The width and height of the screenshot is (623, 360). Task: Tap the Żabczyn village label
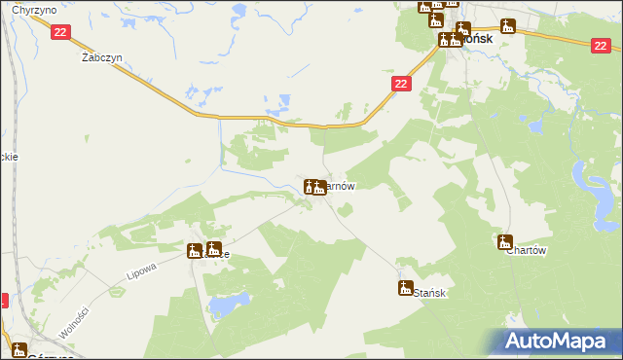[99, 56]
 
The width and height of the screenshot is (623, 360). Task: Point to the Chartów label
[528, 250]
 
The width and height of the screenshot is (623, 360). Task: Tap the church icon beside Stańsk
[405, 287]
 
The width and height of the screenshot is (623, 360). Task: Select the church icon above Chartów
[505, 241]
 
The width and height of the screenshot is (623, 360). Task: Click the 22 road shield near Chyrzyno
[60, 32]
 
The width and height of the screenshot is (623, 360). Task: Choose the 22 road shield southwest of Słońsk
[401, 85]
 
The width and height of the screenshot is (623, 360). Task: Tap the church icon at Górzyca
[19, 350]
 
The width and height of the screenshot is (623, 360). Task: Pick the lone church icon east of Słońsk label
[507, 26]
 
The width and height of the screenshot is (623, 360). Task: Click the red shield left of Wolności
[3, 302]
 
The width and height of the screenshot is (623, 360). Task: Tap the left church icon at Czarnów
[310, 186]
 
